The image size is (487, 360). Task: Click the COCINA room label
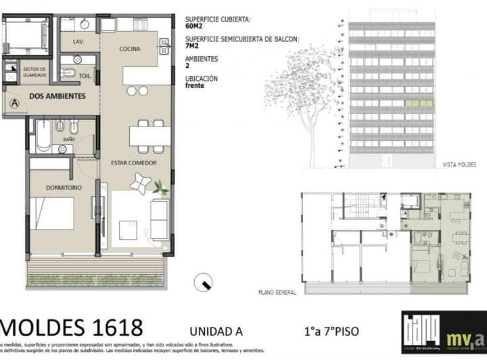coord(130,49)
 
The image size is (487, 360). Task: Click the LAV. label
coord(77,42)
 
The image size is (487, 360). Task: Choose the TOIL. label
coord(85,76)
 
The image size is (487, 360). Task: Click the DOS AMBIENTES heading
coord(57,96)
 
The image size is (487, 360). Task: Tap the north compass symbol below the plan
coord(203,283)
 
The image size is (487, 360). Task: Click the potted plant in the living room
coord(161,188)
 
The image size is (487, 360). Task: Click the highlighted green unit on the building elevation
coord(419,104)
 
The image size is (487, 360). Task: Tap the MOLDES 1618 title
coord(71,328)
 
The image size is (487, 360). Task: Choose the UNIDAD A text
coord(216,332)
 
